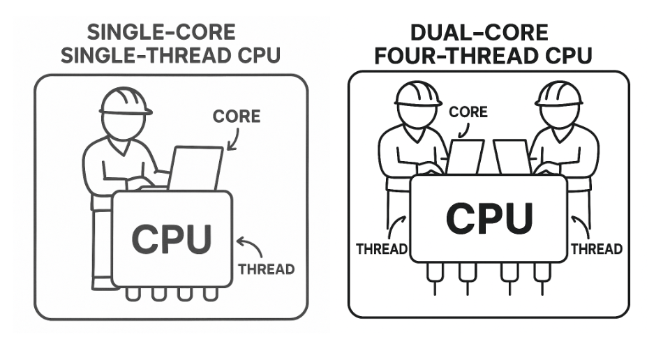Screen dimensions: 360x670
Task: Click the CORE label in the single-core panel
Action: coord(236,116)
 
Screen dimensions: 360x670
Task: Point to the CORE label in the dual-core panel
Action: coord(468,112)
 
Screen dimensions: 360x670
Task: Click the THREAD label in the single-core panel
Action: coord(267,269)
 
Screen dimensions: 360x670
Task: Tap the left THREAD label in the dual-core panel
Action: coord(381,249)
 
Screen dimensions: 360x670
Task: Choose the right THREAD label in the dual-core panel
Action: coord(597,249)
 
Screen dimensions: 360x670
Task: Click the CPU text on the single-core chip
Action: coord(171,239)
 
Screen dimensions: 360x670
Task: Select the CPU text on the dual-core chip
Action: coord(489,218)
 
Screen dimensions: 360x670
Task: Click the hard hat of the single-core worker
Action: coord(125,102)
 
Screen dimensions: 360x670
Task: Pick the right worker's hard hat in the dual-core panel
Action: coord(558,93)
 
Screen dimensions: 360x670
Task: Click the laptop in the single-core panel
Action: coord(195,168)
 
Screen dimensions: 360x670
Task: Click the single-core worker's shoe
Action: coord(105,283)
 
